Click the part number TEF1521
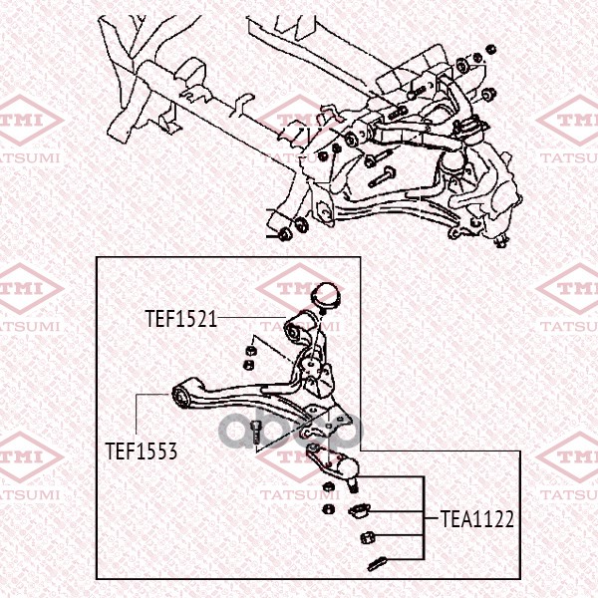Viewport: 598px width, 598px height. [x=180, y=319]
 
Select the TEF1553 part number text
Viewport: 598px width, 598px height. [x=141, y=451]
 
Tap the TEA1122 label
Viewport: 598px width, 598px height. [x=477, y=519]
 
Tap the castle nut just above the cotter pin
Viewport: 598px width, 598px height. [x=368, y=537]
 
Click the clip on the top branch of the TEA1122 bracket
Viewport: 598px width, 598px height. [x=359, y=510]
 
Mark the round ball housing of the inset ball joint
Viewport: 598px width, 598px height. [x=348, y=468]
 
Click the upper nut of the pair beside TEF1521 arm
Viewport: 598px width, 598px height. [x=250, y=350]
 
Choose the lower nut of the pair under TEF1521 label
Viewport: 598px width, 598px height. [x=248, y=365]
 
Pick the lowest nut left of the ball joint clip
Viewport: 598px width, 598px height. [x=328, y=508]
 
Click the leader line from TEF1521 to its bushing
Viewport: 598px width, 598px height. [x=252, y=317]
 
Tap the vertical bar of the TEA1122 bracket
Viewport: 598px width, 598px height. [x=424, y=518]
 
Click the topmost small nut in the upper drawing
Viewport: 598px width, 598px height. [x=491, y=49]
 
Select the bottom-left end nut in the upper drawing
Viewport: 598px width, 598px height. [x=284, y=234]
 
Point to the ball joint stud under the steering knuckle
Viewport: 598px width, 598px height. [x=501, y=240]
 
